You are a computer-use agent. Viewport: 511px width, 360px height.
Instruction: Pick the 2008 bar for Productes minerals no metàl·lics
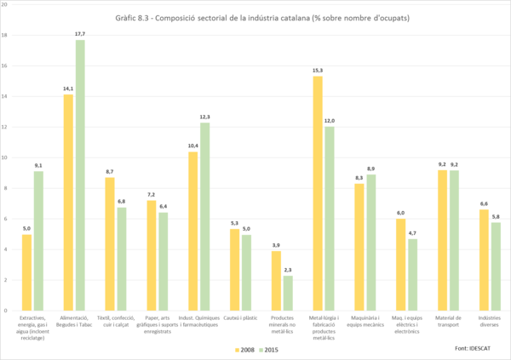click(276, 281)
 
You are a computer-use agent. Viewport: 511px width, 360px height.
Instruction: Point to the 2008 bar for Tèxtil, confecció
click(110, 243)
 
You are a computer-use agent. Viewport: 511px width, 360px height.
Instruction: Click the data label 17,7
click(81, 33)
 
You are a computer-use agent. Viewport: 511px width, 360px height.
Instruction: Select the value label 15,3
click(318, 70)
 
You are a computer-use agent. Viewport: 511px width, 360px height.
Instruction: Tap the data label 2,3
click(288, 269)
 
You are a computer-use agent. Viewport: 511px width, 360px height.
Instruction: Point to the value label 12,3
click(205, 116)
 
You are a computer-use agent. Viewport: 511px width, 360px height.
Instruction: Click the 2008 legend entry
click(247, 349)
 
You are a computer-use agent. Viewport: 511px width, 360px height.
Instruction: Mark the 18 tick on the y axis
click(5, 36)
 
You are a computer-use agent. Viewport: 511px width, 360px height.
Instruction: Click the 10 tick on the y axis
click(5, 157)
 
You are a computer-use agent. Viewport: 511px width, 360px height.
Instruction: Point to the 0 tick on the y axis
click(7, 311)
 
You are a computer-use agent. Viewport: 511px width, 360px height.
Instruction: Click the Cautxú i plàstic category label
click(240, 317)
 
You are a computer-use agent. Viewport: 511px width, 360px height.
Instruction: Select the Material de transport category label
click(448, 321)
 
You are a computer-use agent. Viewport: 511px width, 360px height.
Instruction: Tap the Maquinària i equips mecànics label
click(365, 321)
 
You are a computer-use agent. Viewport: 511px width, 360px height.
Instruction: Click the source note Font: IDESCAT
click(472, 349)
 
